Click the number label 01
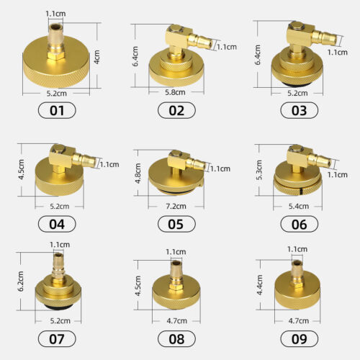tap(57, 110)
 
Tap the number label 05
tap(176, 224)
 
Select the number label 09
tap(300, 339)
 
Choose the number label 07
tap(57, 339)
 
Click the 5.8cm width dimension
tap(175, 92)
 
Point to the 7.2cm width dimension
tap(176, 206)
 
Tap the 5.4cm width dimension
tap(299, 206)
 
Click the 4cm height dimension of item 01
tap(96, 57)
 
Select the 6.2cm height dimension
tap(21, 281)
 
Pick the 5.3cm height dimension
tap(259, 170)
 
